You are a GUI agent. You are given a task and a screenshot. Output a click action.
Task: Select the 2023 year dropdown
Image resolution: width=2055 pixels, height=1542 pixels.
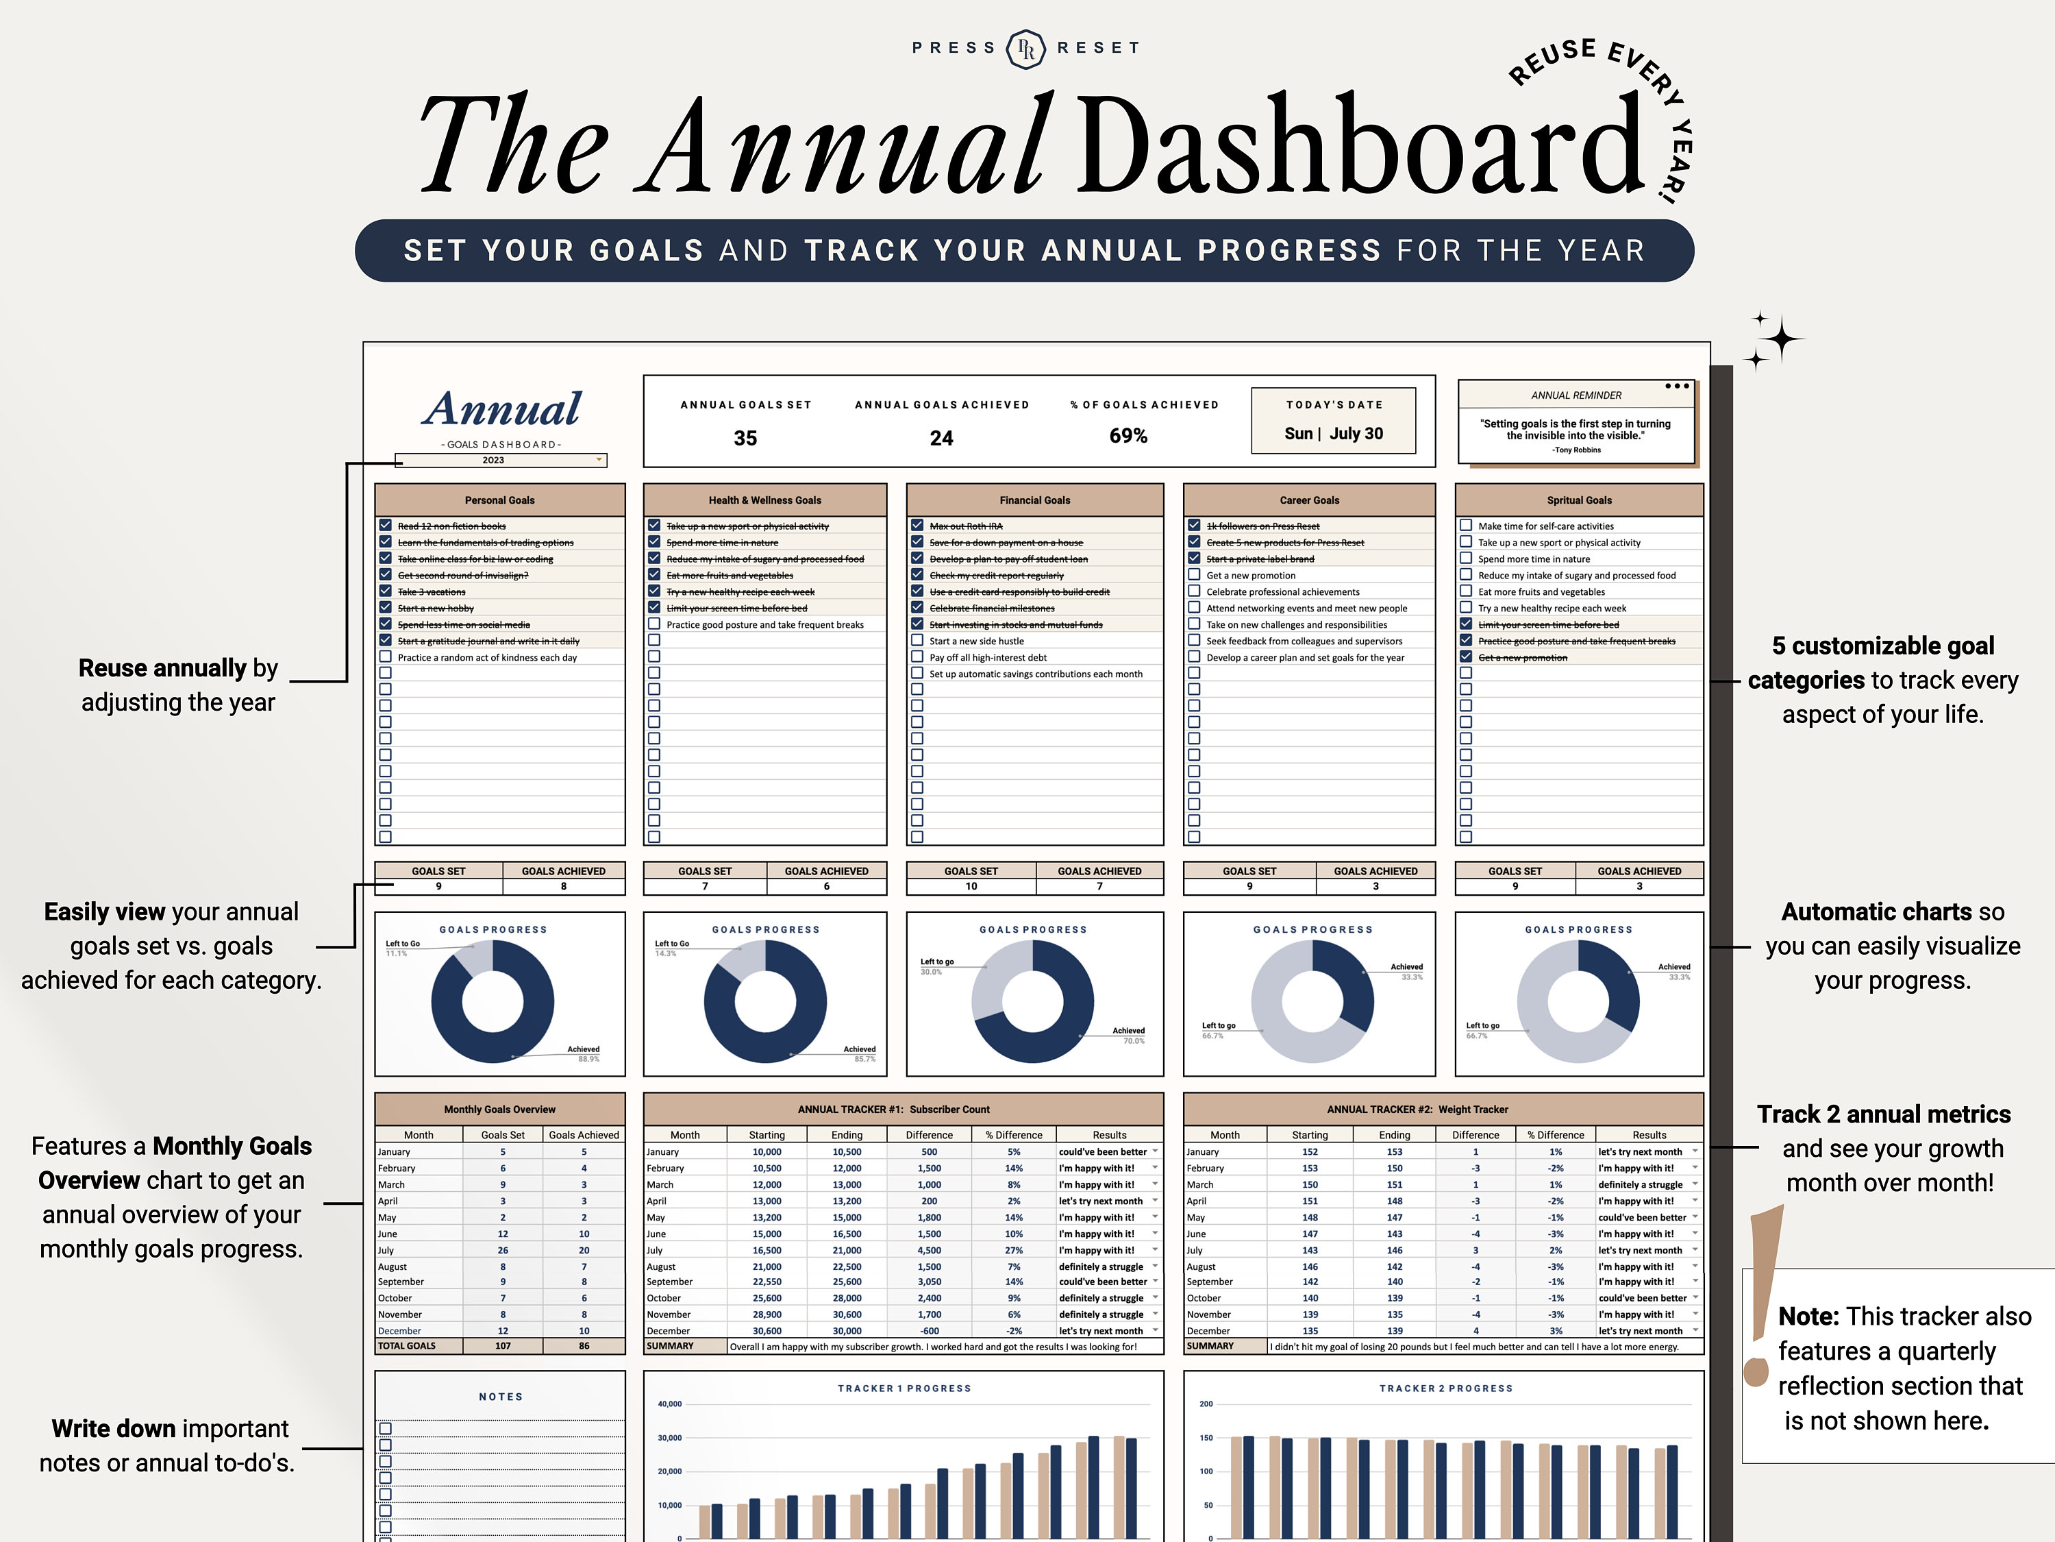501,460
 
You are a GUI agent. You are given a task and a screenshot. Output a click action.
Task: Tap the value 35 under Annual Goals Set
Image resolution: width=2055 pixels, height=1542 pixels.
745,438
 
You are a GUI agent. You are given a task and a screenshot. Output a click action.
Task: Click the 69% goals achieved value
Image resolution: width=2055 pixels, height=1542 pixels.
1128,436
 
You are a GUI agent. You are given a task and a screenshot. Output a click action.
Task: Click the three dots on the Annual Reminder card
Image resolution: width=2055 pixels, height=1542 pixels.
1677,386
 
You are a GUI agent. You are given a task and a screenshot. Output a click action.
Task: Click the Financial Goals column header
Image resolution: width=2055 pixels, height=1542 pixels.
1034,500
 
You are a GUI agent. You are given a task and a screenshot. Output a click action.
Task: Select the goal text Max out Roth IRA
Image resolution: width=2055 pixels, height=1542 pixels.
965,526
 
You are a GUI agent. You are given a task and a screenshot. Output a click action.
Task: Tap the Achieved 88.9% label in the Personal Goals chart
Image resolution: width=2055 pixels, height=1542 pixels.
584,1053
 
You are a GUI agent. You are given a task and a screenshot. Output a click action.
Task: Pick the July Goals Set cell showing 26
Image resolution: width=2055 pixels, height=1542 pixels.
503,1250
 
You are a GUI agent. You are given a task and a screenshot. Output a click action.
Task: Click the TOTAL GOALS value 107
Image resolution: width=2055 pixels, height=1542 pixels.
503,1346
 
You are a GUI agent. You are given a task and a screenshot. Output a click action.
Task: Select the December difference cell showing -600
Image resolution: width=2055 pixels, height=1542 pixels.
929,1331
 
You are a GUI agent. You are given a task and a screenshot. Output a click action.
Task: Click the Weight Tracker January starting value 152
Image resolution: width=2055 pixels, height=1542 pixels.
1309,1151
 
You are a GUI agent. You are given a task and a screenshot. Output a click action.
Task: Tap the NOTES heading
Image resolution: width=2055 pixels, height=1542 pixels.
501,1396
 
